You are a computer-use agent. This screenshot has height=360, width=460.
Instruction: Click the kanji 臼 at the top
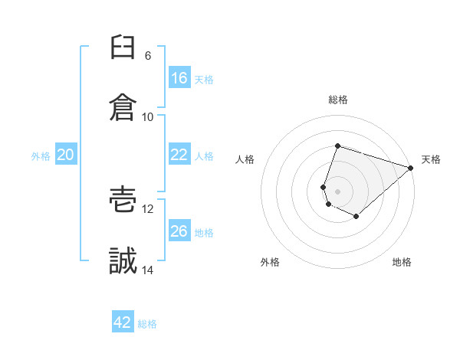[123, 47]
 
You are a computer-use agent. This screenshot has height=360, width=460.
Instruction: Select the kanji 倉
[123, 107]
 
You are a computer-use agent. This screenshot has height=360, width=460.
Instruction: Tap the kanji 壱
[123, 199]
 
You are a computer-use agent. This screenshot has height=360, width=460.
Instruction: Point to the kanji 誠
[123, 260]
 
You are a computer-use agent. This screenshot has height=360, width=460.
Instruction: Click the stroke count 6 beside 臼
[148, 56]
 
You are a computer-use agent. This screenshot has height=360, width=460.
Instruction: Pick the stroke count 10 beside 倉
[147, 117]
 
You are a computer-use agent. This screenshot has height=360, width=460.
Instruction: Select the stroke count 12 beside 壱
[147, 209]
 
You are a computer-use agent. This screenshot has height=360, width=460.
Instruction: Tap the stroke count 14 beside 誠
[147, 270]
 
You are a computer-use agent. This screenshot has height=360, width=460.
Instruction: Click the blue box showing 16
[179, 77]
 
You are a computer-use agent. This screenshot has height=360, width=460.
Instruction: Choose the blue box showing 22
[179, 154]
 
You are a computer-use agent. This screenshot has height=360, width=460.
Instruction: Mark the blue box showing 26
[179, 230]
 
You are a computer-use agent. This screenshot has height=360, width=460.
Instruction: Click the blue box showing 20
[66, 154]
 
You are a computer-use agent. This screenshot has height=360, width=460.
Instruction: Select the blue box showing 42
[123, 321]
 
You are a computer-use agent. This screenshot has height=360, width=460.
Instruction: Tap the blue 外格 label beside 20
[41, 156]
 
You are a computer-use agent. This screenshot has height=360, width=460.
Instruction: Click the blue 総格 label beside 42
[147, 324]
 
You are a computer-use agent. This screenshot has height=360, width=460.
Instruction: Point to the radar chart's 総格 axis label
[338, 100]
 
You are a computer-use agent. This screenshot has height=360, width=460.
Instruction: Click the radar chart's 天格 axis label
[431, 159]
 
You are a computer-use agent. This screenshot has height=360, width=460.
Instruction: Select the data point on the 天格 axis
[411, 168]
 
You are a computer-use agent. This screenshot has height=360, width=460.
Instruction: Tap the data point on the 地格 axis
[356, 216]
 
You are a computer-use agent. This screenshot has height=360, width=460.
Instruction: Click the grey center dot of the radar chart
[337, 191]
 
